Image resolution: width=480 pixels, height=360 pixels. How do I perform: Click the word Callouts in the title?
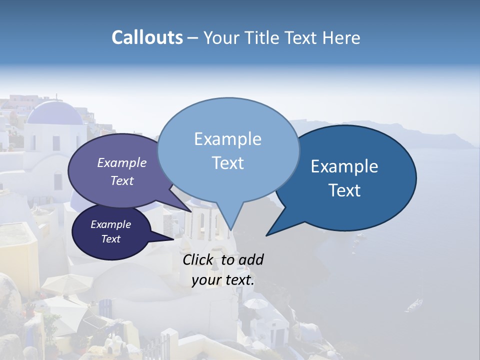pyautogui.click(x=147, y=37)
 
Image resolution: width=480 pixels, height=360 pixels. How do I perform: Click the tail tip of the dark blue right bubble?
pyautogui.click(x=267, y=235)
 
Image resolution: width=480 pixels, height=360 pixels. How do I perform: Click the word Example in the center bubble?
pyautogui.click(x=227, y=139)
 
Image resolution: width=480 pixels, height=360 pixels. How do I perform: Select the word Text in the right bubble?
pyautogui.click(x=344, y=190)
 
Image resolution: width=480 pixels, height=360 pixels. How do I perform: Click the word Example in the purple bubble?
pyautogui.click(x=121, y=162)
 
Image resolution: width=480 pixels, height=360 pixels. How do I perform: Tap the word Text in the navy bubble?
pyautogui.click(x=110, y=239)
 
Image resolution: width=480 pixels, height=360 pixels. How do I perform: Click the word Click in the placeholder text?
pyautogui.click(x=198, y=259)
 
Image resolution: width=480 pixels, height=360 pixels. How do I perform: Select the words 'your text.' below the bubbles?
pyautogui.click(x=223, y=280)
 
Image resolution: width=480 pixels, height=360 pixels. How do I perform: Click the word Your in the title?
pyautogui.click(x=218, y=37)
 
